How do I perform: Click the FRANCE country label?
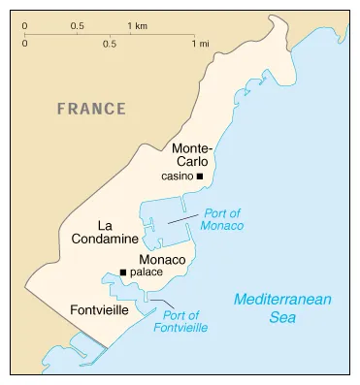(x=91, y=109)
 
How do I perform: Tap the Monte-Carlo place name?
(x=194, y=155)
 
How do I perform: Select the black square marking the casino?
(x=199, y=177)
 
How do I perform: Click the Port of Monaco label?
(x=222, y=219)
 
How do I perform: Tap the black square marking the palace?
(x=122, y=273)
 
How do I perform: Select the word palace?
(x=146, y=273)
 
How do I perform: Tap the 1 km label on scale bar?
(x=137, y=24)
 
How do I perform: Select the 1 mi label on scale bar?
(x=201, y=44)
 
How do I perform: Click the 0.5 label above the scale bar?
(x=77, y=24)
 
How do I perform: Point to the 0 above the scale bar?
(x=24, y=24)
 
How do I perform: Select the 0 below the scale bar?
(x=24, y=44)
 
